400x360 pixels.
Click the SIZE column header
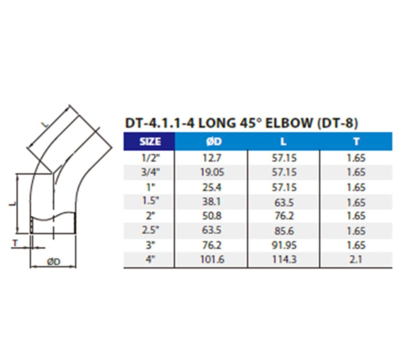(x=150, y=141)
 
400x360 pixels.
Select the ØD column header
(x=213, y=141)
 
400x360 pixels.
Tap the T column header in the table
(x=356, y=141)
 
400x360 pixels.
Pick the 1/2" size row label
(x=150, y=158)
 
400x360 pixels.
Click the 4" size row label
(x=150, y=259)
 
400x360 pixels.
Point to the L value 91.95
(x=284, y=245)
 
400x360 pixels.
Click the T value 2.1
(x=356, y=259)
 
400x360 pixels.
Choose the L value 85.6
(x=284, y=230)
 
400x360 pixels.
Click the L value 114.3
(x=284, y=259)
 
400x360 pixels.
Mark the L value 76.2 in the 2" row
(x=284, y=216)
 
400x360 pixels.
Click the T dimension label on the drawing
(x=15, y=243)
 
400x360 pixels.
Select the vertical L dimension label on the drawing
(x=12, y=203)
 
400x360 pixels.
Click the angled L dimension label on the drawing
(x=46, y=124)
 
